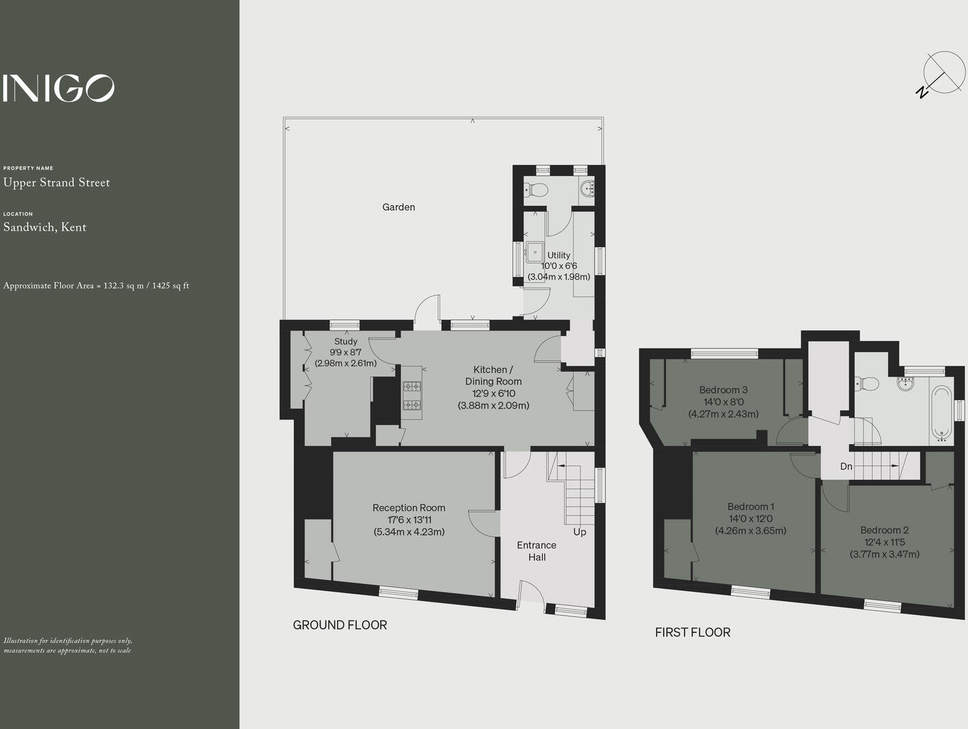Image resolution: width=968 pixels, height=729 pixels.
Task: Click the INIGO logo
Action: (58, 88)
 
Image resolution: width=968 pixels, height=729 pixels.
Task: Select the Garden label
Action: (399, 207)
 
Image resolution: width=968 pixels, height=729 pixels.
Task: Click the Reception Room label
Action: (409, 508)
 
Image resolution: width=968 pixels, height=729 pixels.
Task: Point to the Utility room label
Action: (559, 255)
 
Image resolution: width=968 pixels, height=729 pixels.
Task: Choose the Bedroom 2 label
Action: (884, 530)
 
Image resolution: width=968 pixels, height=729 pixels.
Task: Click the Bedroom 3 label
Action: (723, 390)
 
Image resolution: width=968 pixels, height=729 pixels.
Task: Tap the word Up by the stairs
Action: (580, 532)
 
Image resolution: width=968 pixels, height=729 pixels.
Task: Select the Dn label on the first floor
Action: (846, 467)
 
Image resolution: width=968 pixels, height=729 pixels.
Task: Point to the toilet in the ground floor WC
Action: (535, 190)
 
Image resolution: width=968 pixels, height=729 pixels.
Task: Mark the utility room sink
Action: (535, 252)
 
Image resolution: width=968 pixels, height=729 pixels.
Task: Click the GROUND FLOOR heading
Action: (340, 624)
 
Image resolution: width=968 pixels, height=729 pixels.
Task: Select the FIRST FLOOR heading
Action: (693, 632)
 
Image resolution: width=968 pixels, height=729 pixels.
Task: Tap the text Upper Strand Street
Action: (57, 182)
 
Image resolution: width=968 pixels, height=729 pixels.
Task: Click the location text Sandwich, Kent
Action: (45, 228)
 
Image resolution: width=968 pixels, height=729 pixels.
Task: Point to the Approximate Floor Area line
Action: (96, 286)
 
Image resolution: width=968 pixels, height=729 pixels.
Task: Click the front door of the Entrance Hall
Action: (530, 593)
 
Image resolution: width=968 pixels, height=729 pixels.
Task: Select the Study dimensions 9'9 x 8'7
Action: (345, 353)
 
